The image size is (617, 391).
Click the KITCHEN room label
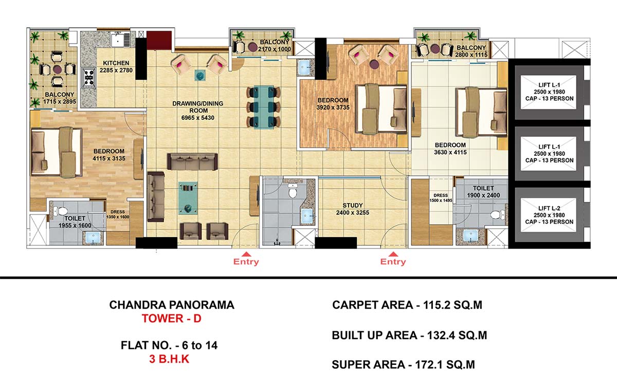116,63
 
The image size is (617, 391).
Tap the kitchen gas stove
89,78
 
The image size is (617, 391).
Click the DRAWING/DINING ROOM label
198,107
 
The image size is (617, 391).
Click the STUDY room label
353,206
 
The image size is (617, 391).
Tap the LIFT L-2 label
549,208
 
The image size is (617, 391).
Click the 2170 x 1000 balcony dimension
275,49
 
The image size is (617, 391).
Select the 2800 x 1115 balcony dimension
471,55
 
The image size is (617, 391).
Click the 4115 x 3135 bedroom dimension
109,158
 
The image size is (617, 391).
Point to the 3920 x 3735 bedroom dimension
333,108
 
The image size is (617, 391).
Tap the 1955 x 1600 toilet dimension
75,225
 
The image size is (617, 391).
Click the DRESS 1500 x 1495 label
441,198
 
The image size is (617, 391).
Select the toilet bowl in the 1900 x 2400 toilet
497,215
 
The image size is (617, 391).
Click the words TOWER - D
172,318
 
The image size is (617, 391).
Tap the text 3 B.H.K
169,359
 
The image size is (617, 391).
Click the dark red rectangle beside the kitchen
159,40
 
